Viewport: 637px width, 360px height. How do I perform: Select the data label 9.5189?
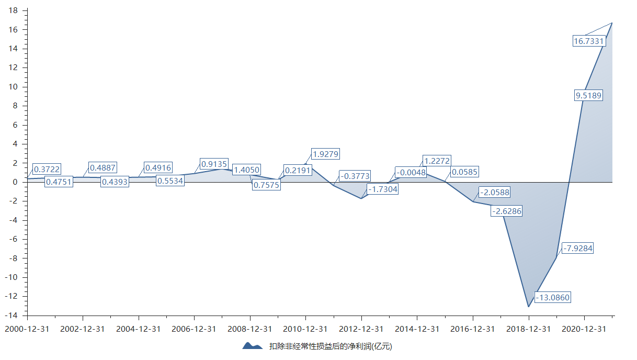click(x=588, y=95)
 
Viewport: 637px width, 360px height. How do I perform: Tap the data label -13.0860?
click(x=552, y=297)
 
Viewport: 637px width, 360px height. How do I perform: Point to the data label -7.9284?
click(x=577, y=248)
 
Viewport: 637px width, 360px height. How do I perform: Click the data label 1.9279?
click(x=325, y=154)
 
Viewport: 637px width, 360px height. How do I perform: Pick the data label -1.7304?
click(x=382, y=189)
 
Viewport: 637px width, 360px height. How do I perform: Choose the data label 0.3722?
click(x=47, y=168)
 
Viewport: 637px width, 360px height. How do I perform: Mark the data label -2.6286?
click(x=506, y=211)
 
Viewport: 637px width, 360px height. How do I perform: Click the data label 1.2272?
click(x=436, y=161)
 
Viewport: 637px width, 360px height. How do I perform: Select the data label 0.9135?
click(x=214, y=164)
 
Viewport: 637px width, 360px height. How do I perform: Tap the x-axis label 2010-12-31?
click(x=305, y=329)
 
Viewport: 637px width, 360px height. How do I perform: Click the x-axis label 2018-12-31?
click(x=528, y=329)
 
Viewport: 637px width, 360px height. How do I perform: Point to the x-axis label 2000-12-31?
click(x=27, y=329)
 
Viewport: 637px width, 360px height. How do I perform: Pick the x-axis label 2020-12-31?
click(x=584, y=329)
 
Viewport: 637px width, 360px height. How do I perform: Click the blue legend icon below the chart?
click(x=253, y=346)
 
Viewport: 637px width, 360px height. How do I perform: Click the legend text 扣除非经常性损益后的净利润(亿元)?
click(x=331, y=346)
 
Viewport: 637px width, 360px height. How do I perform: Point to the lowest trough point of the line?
click(x=529, y=307)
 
